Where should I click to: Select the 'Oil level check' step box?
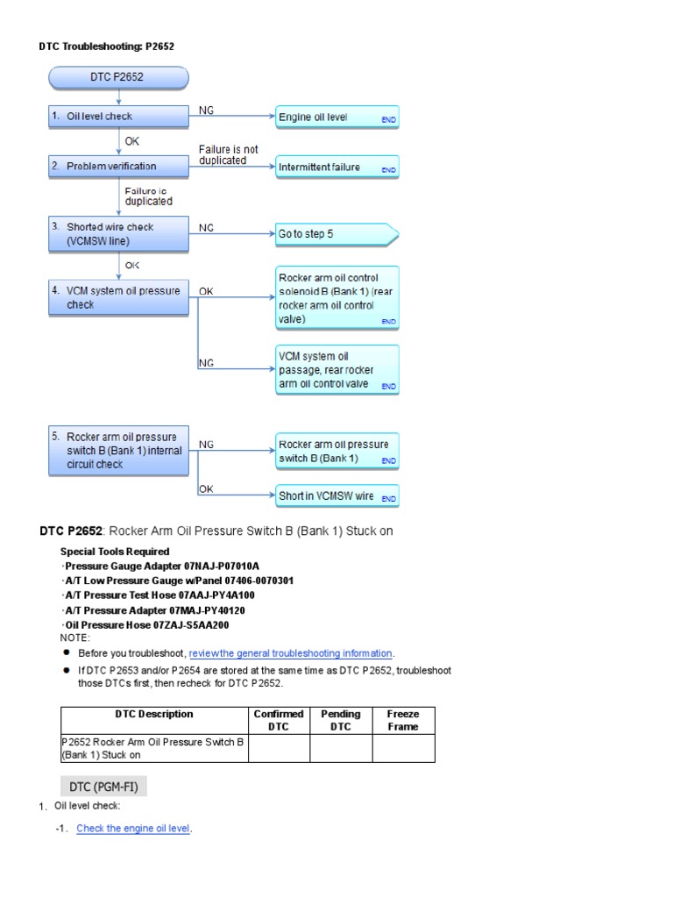[x=117, y=117]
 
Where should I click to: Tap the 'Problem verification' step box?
[x=117, y=166]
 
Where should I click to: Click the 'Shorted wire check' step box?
[x=117, y=233]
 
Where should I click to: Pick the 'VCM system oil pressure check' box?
[x=117, y=298]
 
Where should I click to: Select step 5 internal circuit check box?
[x=117, y=450]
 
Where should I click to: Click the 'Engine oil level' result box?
[x=336, y=118]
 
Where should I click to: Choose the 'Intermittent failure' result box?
[x=336, y=167]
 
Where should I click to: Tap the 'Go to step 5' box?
[x=336, y=234]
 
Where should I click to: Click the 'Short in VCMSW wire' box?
[x=336, y=495]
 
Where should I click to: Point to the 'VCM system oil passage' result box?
[x=336, y=370]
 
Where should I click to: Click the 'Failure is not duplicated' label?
[x=229, y=155]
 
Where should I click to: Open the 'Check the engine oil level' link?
[x=133, y=828]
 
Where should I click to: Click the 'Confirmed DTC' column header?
[x=279, y=720]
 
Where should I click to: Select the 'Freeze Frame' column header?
[x=403, y=720]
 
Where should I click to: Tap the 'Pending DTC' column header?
[x=341, y=720]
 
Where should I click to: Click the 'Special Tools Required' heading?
[x=115, y=552]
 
